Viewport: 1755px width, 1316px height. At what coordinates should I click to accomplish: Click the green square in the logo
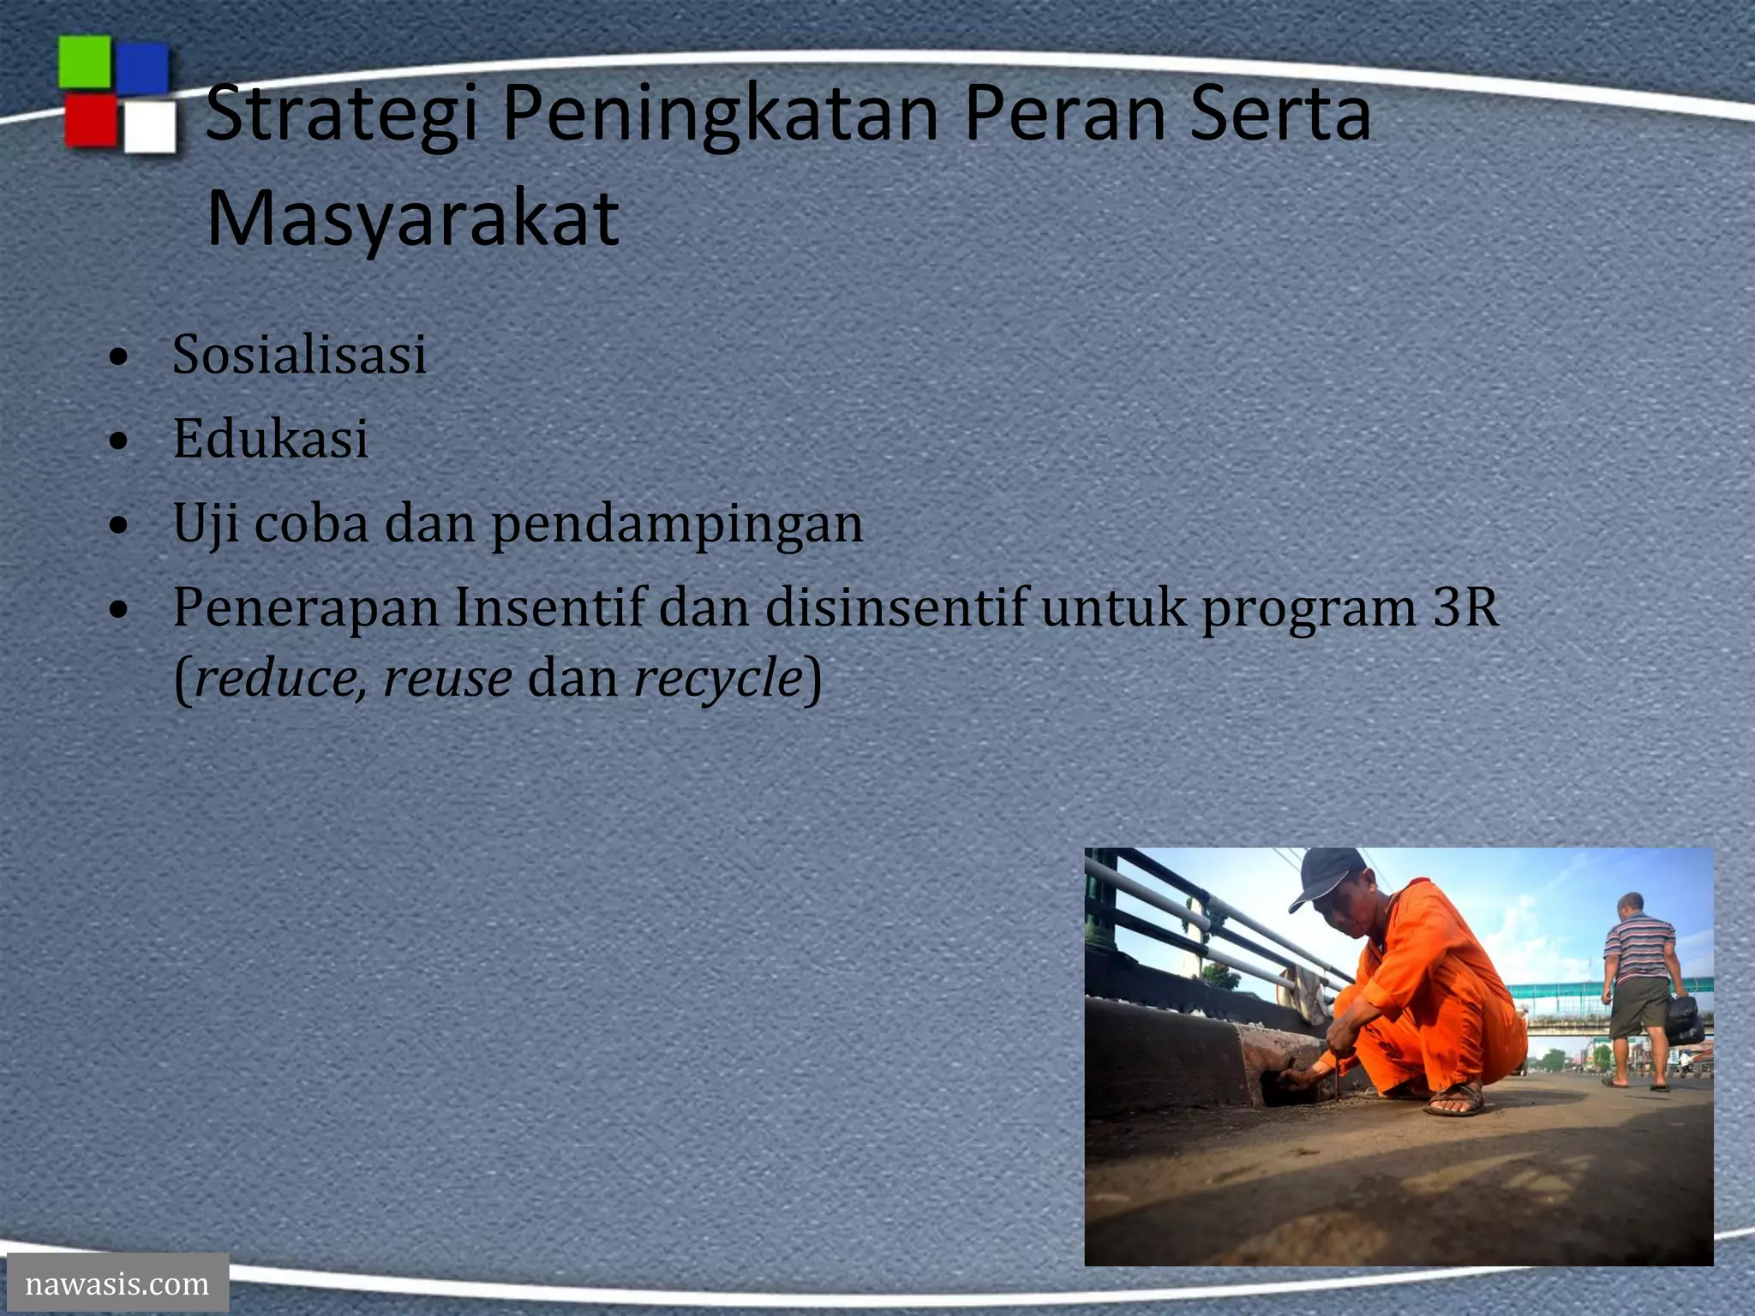coord(84,62)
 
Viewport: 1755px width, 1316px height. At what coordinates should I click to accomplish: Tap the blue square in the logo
coord(142,68)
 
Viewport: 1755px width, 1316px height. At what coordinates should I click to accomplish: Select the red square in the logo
coord(90,121)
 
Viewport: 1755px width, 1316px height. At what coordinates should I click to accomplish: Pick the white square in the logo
coord(150,128)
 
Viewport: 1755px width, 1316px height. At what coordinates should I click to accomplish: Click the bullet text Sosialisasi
coord(299,354)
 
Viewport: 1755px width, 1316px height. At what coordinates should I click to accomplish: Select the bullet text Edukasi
coord(270,439)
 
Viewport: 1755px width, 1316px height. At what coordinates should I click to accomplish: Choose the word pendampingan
coord(677,523)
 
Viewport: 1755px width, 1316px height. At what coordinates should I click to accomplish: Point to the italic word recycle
coord(718,678)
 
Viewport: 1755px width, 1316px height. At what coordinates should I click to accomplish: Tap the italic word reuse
coord(447,678)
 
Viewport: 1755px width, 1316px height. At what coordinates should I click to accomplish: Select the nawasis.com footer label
coord(117,1283)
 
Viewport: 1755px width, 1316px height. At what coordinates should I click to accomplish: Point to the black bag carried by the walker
coord(1685,1020)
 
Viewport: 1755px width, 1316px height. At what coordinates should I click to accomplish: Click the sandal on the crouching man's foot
coord(1455,1101)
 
